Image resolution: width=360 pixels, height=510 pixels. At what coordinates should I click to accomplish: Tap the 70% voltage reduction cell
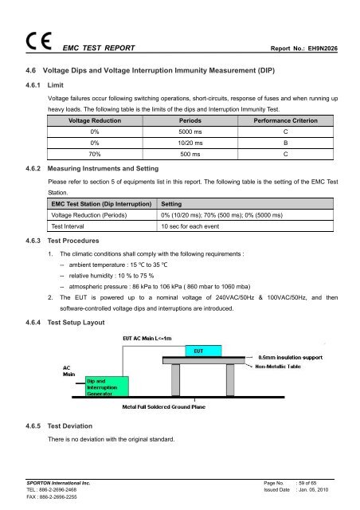[95, 156]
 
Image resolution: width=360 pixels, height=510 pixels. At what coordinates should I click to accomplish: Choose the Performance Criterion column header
[284, 118]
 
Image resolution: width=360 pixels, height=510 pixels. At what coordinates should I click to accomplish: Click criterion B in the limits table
[284, 143]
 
